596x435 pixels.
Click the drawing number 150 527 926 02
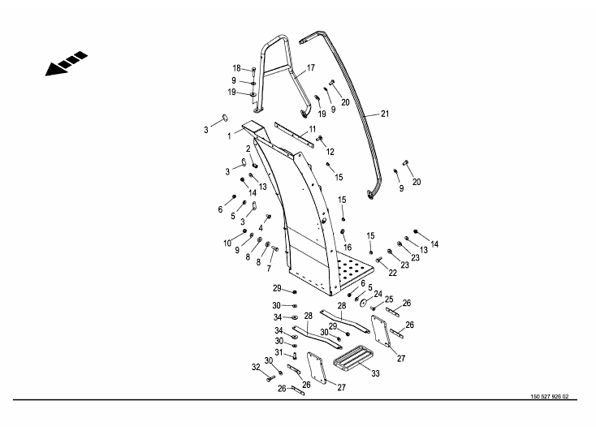click(x=549, y=397)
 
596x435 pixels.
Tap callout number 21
click(x=385, y=114)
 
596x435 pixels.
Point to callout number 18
click(x=236, y=68)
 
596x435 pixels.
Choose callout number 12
click(x=330, y=152)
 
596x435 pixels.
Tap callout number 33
click(x=375, y=373)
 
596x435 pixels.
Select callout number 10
click(x=227, y=243)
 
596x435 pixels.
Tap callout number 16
click(x=348, y=247)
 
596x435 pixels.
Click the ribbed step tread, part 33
click(x=351, y=356)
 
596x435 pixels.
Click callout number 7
click(x=269, y=269)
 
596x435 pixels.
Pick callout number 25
click(x=389, y=299)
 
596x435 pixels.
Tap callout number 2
click(x=248, y=149)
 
